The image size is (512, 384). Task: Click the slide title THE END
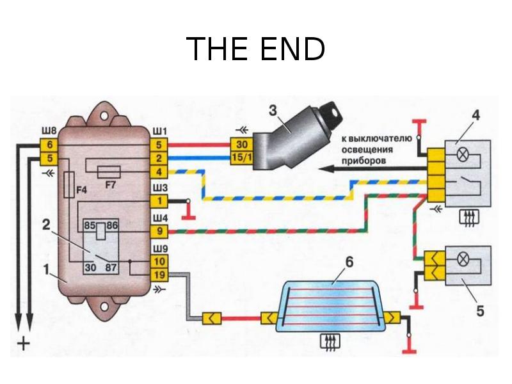[255, 49]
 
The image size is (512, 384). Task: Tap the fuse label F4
[81, 189]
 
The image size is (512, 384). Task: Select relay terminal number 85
[90, 225]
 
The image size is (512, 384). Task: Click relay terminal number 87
[111, 268]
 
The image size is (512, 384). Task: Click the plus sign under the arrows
[23, 344]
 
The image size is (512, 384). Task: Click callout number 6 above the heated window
[348, 262]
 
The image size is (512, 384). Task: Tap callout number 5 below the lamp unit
[480, 312]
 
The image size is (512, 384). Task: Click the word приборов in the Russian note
[363, 162]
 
